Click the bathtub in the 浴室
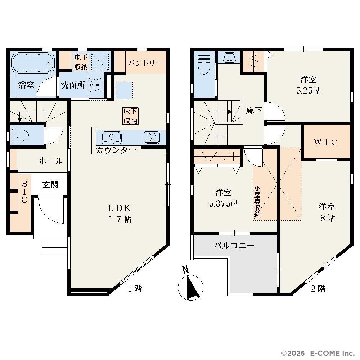click(x=32, y=62)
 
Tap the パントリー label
click(x=145, y=63)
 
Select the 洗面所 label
click(x=73, y=85)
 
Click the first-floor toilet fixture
click(x=21, y=135)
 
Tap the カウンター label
click(x=116, y=150)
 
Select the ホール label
click(x=51, y=161)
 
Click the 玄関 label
click(x=50, y=185)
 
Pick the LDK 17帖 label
click(x=120, y=214)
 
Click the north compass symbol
click(x=190, y=285)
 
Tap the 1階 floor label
click(x=135, y=288)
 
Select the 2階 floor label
click(x=319, y=288)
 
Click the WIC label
click(x=325, y=142)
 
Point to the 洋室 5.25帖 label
click(x=309, y=85)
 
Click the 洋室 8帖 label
click(x=327, y=212)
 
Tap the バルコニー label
click(x=234, y=246)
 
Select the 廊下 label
click(x=254, y=111)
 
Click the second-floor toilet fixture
click(x=204, y=65)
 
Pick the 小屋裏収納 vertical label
click(x=257, y=202)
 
